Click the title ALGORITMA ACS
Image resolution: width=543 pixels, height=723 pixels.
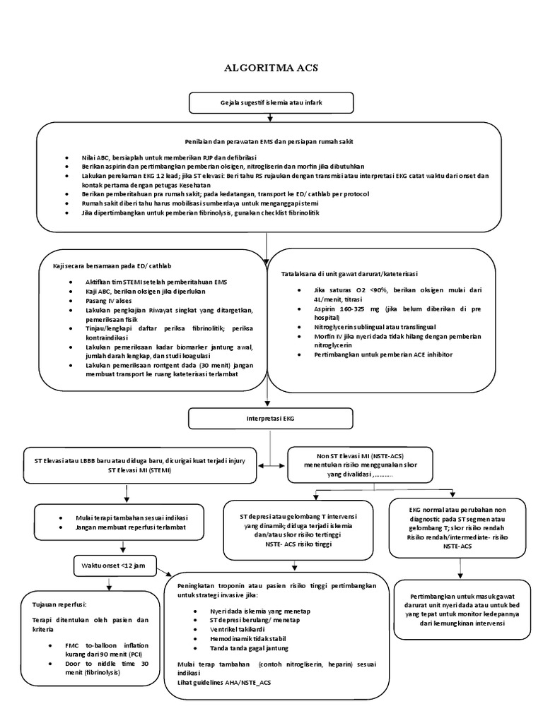[271, 68]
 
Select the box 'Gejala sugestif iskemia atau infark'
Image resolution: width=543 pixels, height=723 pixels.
[271, 104]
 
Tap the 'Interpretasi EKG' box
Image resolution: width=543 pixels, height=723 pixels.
[271, 419]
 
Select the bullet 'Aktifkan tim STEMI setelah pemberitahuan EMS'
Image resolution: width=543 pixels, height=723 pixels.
[161, 282]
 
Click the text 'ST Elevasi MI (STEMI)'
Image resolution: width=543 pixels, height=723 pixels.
[142, 470]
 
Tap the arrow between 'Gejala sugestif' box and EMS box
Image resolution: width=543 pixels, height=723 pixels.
[271, 118]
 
